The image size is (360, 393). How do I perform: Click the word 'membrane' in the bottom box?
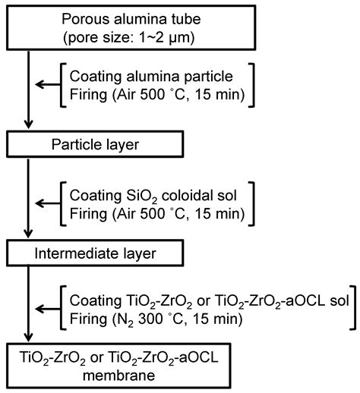click(x=118, y=376)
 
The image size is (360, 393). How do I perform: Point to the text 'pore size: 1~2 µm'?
click(x=128, y=38)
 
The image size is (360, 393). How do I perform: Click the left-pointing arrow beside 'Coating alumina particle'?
click(x=48, y=84)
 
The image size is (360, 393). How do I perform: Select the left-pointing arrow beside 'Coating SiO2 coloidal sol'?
click(x=48, y=203)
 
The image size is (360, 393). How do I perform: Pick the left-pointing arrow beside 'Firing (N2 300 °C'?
click(x=48, y=309)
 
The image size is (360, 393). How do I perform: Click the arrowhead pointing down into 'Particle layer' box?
click(x=28, y=124)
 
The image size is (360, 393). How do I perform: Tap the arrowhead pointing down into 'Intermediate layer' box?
click(x=28, y=234)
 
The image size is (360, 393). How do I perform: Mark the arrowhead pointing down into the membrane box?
click(x=28, y=337)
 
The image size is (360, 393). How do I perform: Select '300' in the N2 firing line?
click(x=150, y=319)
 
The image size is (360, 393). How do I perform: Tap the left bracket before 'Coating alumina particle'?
click(x=63, y=85)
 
